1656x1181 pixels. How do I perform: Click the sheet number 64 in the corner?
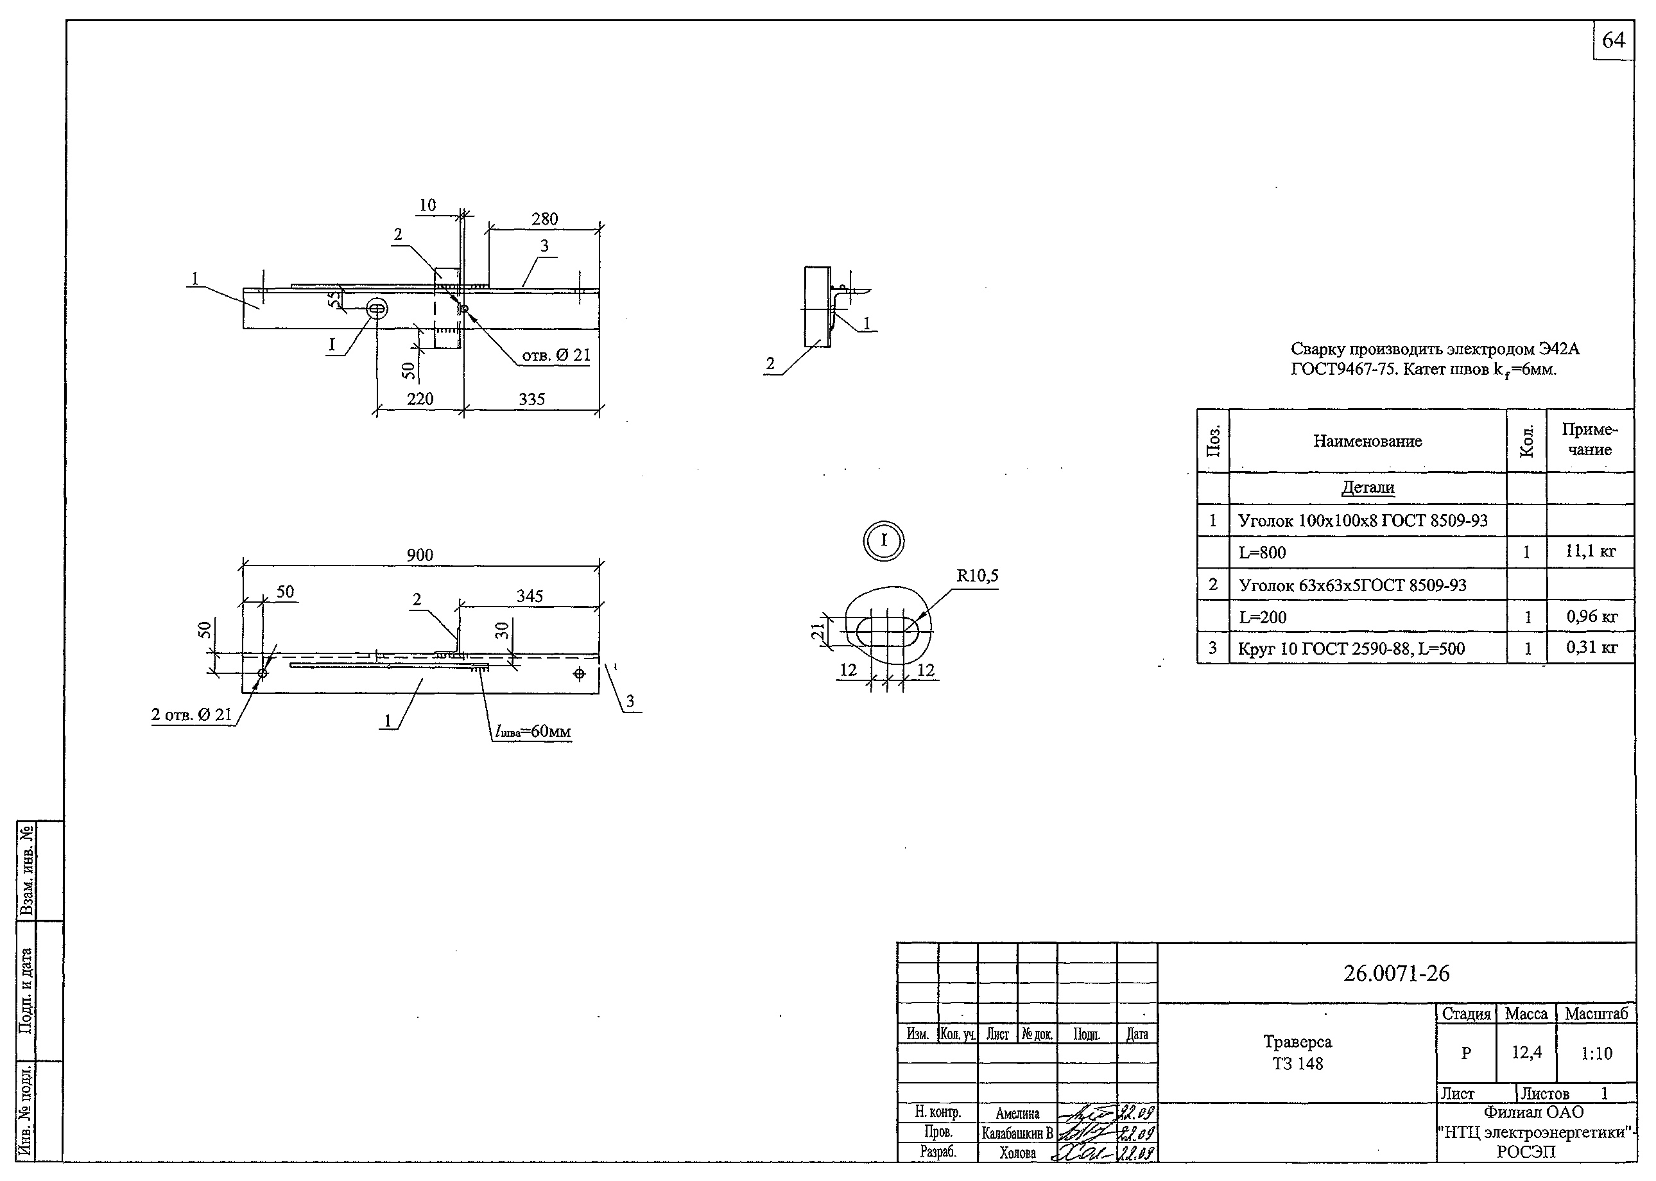tap(1612, 40)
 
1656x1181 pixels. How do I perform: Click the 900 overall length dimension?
tap(420, 555)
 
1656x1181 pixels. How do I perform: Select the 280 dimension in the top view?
tap(544, 219)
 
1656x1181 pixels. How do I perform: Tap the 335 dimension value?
tap(531, 399)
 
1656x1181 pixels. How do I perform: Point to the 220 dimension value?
tap(420, 399)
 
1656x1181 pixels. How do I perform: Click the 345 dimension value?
tap(530, 596)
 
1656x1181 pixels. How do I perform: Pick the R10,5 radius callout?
tap(977, 576)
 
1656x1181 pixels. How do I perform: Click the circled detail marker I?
tap(884, 540)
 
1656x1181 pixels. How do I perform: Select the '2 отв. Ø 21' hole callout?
tap(191, 714)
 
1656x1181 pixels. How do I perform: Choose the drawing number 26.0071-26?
tap(1395, 973)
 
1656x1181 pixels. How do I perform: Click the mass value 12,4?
tap(1526, 1052)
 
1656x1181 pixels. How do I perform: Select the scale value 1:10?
tap(1596, 1053)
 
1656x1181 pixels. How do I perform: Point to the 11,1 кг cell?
tap(1590, 551)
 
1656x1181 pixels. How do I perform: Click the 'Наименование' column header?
tap(1367, 441)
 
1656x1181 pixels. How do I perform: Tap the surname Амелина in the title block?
tap(1017, 1112)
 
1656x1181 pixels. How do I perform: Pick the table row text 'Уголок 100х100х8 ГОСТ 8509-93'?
tap(1362, 521)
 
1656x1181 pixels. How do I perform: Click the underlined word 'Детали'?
tap(1367, 487)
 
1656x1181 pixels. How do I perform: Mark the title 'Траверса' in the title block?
tap(1297, 1041)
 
